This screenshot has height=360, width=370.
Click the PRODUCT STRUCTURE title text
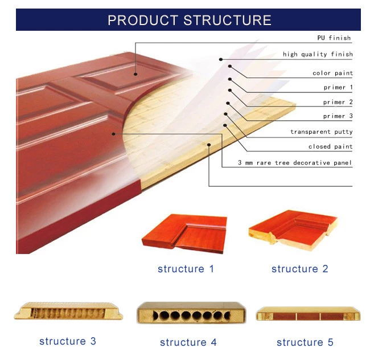tap(189, 21)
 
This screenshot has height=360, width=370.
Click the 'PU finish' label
tap(334, 38)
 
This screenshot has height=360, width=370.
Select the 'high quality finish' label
tap(318, 55)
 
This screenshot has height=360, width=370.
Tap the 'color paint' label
tap(332, 73)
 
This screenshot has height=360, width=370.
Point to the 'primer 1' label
tap(338, 88)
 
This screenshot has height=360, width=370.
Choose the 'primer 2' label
tap(338, 103)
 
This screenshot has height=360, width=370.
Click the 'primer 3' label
tap(338, 117)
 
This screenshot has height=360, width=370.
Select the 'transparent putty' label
tap(322, 132)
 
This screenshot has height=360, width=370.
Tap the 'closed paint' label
tap(330, 147)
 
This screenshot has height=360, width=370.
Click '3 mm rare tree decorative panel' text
tap(295, 163)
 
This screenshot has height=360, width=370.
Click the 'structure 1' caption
tap(186, 269)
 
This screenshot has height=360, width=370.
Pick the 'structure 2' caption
tap(299, 269)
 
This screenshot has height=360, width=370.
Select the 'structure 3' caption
tap(68, 342)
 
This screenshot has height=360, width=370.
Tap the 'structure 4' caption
tap(188, 342)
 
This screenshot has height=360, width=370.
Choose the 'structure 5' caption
tap(305, 342)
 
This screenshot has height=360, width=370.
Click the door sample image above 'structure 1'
tap(184, 232)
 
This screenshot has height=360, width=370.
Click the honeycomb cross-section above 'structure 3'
tap(69, 313)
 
